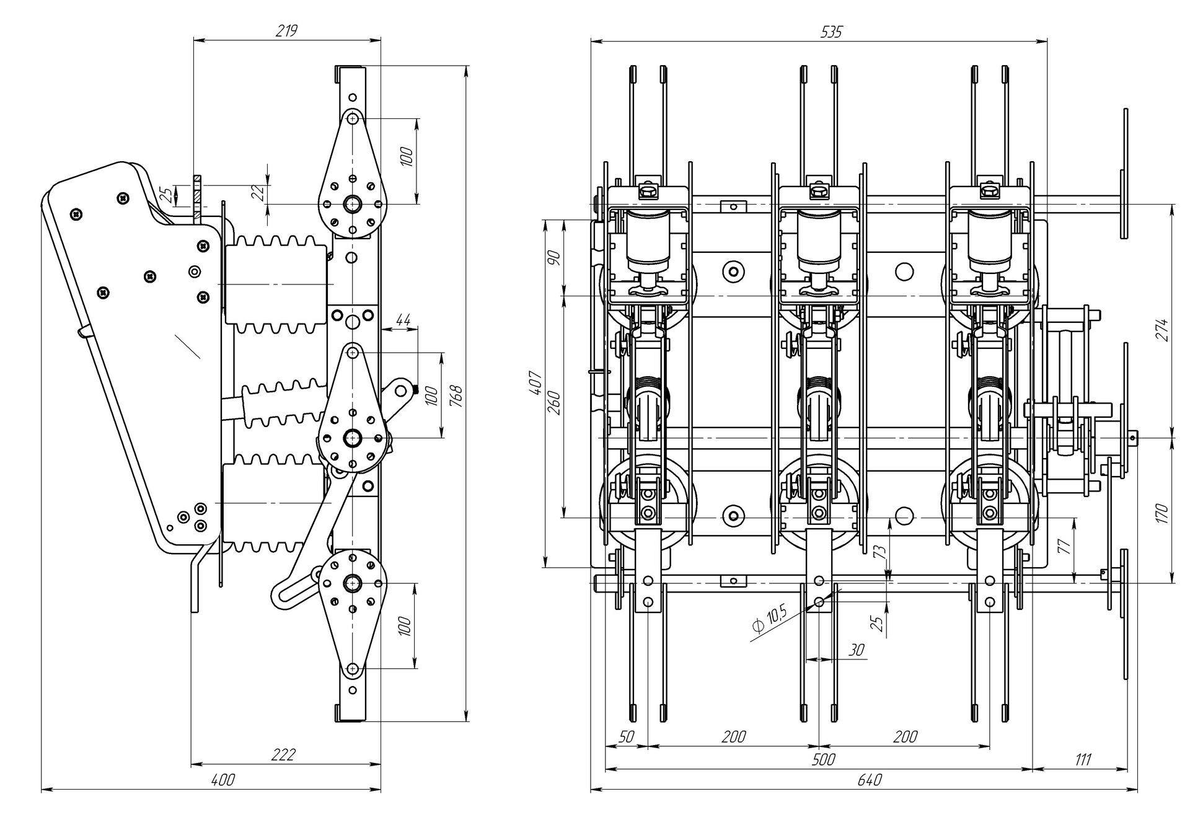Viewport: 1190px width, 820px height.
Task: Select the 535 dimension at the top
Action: pos(831,32)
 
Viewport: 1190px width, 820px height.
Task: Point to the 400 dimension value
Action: pos(223,780)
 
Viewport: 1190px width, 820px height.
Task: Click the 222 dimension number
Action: pos(284,755)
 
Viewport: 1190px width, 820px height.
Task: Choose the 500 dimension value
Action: pos(823,759)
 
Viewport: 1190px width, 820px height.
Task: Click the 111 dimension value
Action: pos(1082,759)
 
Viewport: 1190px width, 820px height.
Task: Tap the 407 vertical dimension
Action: pos(537,384)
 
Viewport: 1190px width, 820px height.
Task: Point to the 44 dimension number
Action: pos(403,320)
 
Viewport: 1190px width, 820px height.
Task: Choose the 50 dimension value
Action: pos(627,737)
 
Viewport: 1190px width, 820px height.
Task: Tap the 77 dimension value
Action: pos(1064,545)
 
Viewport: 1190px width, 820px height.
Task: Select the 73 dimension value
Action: pos(878,551)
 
